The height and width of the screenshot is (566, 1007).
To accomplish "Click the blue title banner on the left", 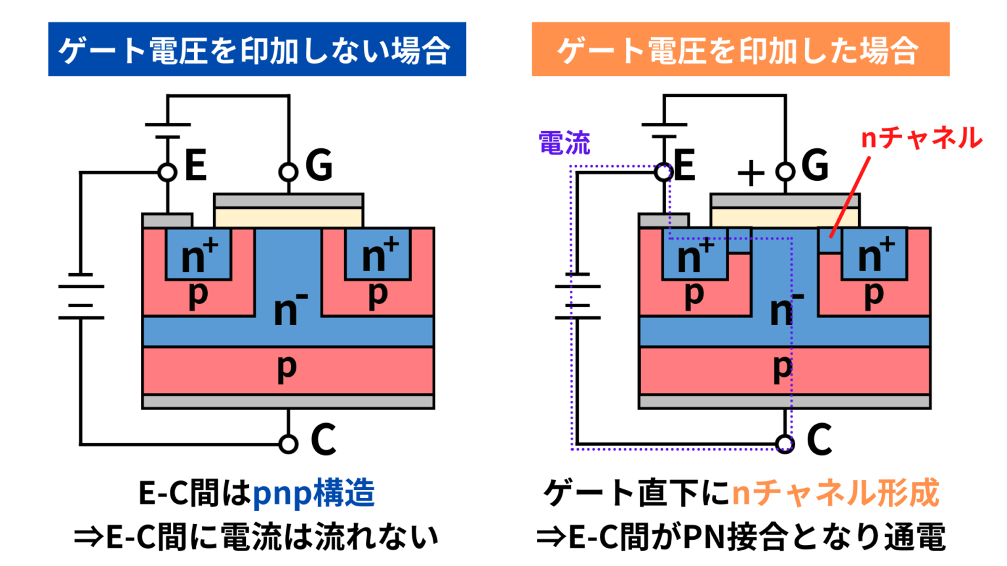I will pyautogui.click(x=256, y=49).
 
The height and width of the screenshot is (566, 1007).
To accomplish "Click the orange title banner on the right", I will pyautogui.click(x=740, y=49).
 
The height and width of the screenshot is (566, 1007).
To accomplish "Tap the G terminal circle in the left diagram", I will pyautogui.click(x=288, y=172).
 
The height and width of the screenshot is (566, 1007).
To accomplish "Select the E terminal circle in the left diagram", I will pyautogui.click(x=168, y=172).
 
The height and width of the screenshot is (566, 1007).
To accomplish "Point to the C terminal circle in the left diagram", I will pyautogui.click(x=288, y=444).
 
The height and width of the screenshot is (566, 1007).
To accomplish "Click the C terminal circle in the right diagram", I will pyautogui.click(x=785, y=444).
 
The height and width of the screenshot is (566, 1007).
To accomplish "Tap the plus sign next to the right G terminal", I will pyautogui.click(x=751, y=174).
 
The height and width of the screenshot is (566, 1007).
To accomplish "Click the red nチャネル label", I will pyautogui.click(x=921, y=138).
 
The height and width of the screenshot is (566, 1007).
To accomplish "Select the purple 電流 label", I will pyautogui.click(x=564, y=143).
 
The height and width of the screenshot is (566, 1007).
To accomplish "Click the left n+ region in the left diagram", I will pyautogui.click(x=198, y=254).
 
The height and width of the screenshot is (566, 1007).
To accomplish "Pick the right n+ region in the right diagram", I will pyautogui.click(x=875, y=254).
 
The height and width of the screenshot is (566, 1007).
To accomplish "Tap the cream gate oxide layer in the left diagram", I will pyautogui.click(x=288, y=217).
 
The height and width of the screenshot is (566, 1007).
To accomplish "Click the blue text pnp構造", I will pyautogui.click(x=313, y=493).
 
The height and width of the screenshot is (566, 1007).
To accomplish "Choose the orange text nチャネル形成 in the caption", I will pyautogui.click(x=835, y=493).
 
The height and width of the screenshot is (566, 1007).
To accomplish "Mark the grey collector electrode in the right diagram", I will pyautogui.click(x=785, y=402).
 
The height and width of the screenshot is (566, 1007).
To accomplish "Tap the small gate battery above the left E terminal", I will pyautogui.click(x=168, y=130).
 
